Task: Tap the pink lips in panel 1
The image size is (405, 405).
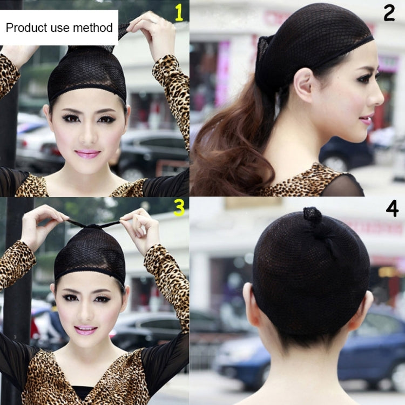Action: click(87, 154)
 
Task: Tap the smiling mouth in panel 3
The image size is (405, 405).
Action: click(86, 329)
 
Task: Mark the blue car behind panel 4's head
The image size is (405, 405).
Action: click(373, 346)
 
